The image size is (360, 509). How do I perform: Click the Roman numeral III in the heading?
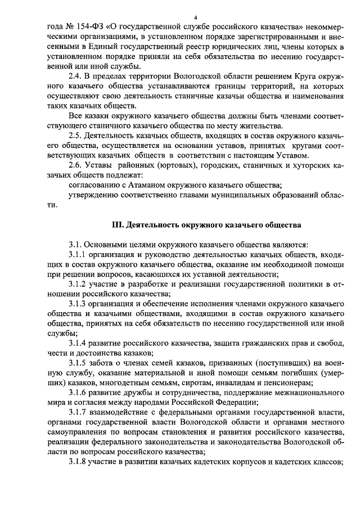point(118,224)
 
